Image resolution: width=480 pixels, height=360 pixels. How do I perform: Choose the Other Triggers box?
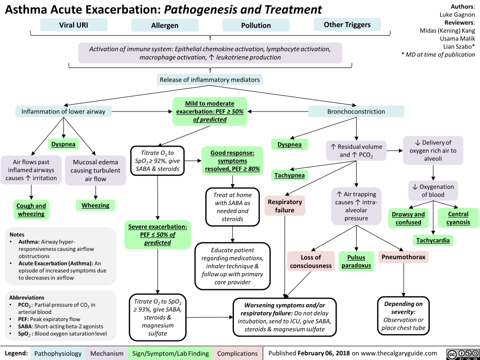[x=347, y=25]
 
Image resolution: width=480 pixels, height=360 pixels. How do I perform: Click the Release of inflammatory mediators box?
[x=210, y=79]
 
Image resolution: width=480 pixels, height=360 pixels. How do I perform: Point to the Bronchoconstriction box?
[x=356, y=112]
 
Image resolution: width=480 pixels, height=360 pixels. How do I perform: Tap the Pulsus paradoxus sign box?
[x=357, y=262]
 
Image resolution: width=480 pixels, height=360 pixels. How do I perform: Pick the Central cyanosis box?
[x=458, y=218]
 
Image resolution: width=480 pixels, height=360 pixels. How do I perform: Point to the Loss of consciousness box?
[x=311, y=262]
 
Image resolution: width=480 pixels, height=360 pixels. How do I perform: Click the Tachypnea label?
[x=290, y=175]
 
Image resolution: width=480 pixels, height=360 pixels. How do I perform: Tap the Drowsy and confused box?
[x=408, y=218]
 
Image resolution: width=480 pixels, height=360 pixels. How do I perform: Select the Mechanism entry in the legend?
[x=107, y=353]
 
